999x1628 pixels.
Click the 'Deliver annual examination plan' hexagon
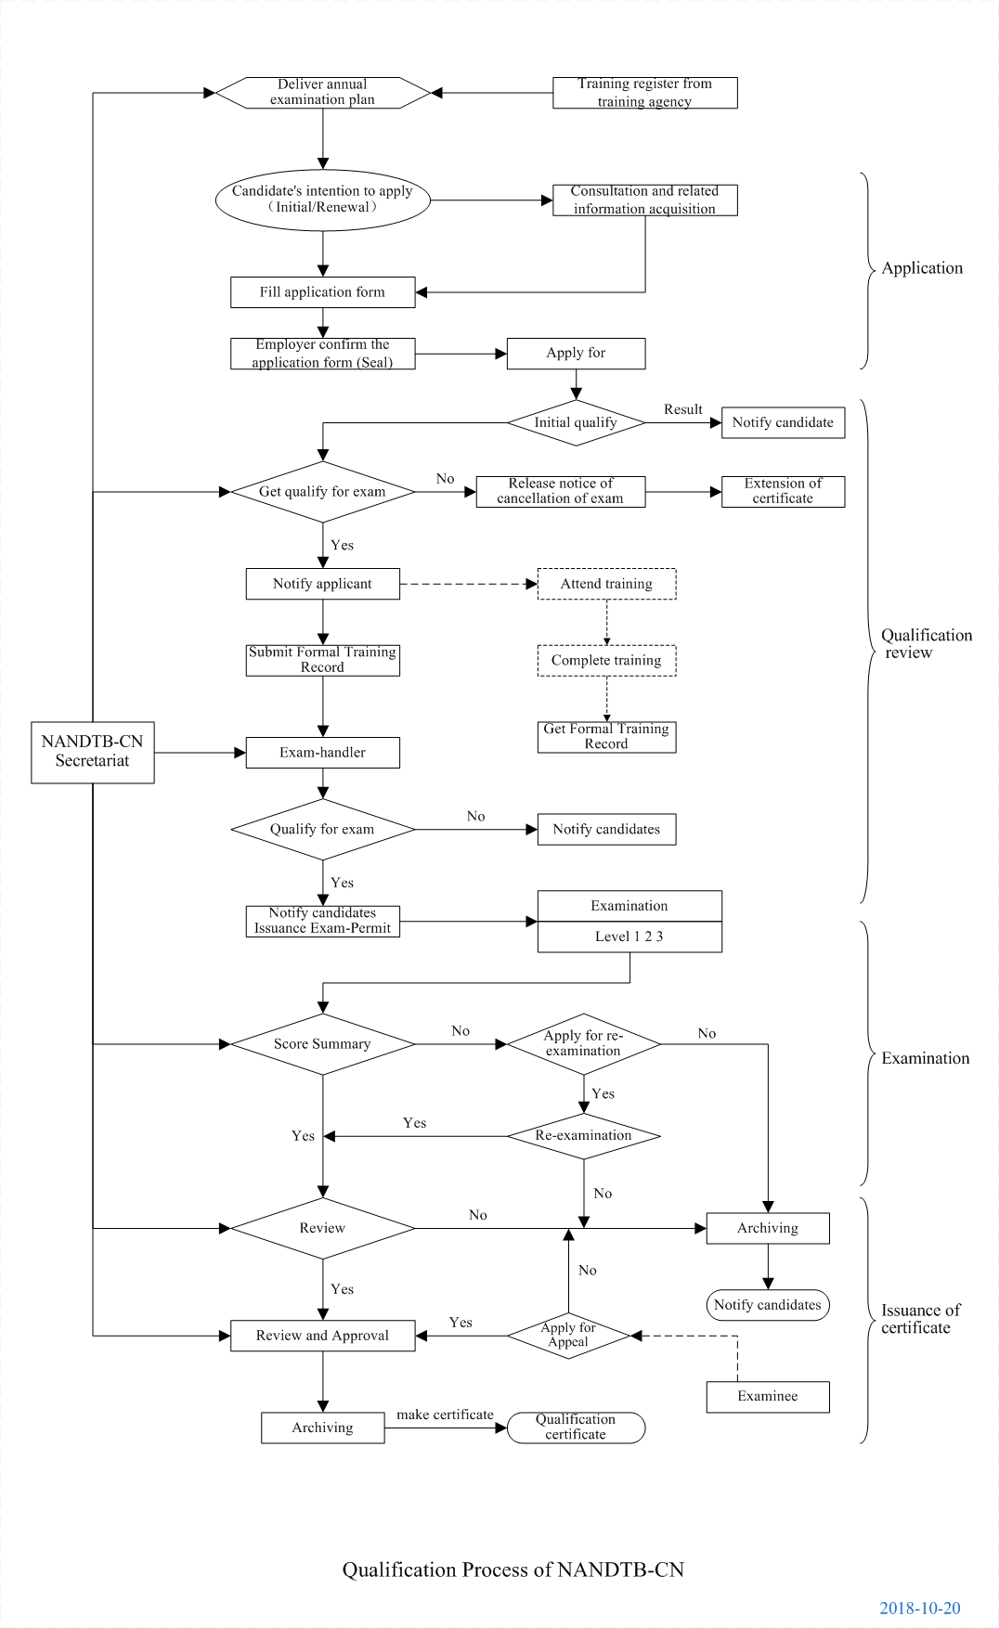point(322,93)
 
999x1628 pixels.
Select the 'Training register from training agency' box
point(644,93)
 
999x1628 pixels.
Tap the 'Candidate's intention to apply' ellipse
point(322,200)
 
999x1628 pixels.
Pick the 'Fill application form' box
point(322,292)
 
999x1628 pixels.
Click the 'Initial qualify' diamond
point(576,423)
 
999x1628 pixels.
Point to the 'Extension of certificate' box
point(783,491)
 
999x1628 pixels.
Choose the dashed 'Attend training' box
point(606,584)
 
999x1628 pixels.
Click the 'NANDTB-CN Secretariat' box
point(92,752)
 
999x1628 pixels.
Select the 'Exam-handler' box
point(322,753)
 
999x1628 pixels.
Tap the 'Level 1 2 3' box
point(629,937)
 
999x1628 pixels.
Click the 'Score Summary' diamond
point(322,1044)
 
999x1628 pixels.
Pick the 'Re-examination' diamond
point(583,1136)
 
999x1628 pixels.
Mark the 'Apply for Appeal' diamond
point(568,1336)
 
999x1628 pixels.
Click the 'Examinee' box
point(767,1397)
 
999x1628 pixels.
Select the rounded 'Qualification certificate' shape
point(576,1428)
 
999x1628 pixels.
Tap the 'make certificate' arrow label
point(445,1415)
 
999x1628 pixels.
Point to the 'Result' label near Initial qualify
point(682,409)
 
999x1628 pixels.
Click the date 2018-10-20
point(919,1609)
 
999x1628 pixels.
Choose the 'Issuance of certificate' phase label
point(919,1319)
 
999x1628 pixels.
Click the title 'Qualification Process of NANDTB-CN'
point(512,1570)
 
